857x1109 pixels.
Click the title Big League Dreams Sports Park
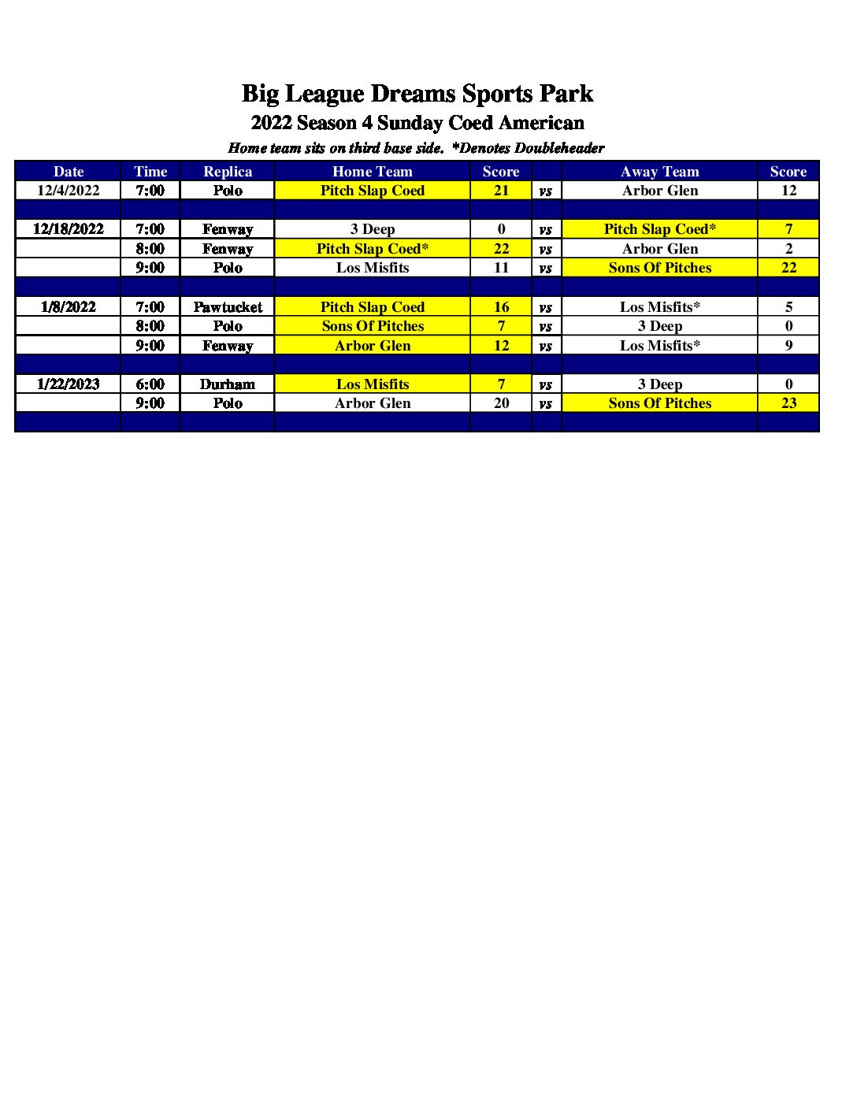tap(417, 94)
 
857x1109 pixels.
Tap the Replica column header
tap(228, 172)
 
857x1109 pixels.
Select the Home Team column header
tap(372, 172)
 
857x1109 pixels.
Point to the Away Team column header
tap(659, 172)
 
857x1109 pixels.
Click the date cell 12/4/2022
tap(69, 191)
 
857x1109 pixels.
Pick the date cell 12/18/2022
tap(69, 229)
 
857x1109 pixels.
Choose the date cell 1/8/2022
tap(69, 307)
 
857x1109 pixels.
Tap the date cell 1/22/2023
tap(69, 384)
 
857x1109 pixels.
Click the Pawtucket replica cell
tap(228, 307)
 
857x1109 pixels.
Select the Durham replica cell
tap(228, 384)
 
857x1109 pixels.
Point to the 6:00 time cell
tap(150, 384)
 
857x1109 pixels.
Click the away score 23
tap(788, 403)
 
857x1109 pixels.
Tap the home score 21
tap(501, 191)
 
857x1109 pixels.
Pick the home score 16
tap(501, 307)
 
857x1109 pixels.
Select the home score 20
tap(501, 403)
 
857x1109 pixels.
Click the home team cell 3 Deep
tap(372, 229)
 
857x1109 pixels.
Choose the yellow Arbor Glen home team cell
tap(372, 346)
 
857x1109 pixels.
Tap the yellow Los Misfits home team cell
tap(372, 384)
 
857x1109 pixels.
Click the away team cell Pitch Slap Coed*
tap(659, 229)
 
